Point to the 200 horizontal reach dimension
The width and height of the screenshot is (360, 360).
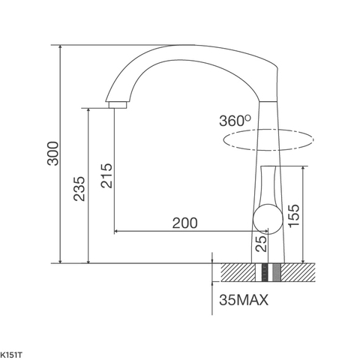184,223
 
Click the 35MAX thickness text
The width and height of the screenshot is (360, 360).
243,301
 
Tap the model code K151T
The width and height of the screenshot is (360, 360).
10,351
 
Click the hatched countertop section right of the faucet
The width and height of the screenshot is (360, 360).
300,272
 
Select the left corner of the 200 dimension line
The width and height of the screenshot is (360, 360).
114,231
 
